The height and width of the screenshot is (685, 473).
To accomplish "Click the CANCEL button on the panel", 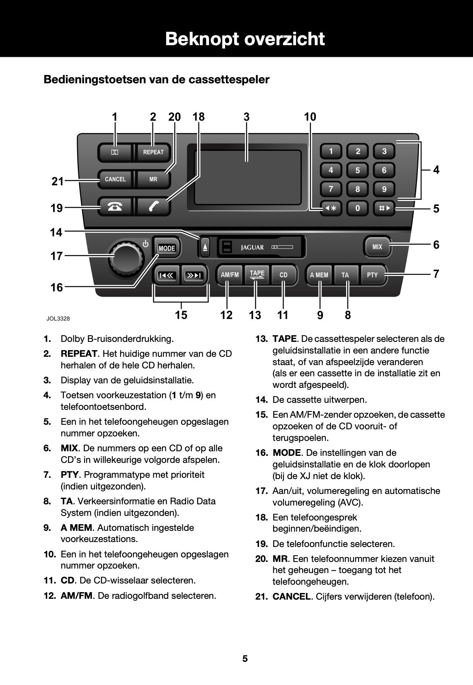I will (x=115, y=179).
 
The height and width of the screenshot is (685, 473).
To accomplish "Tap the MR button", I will (x=153, y=179).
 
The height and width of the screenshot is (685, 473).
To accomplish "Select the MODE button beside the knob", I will (x=167, y=248).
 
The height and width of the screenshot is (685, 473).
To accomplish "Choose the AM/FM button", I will (x=230, y=275).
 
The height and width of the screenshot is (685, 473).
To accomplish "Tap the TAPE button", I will (x=257, y=274).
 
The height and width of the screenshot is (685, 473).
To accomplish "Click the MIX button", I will (x=377, y=247).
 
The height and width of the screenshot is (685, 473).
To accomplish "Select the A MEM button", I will (x=319, y=275).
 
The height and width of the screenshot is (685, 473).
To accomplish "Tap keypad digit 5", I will (x=357, y=170).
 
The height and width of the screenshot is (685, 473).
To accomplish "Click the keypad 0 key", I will (x=357, y=208).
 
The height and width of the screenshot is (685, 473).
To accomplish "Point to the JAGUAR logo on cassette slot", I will (x=252, y=247).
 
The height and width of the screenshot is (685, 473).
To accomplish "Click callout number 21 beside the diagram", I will (x=58, y=181).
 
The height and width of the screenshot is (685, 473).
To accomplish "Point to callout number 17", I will (x=56, y=256).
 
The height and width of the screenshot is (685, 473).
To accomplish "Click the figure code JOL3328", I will (x=58, y=319).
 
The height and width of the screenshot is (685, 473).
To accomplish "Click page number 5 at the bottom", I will (x=245, y=658).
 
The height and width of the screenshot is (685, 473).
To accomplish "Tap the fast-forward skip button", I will (x=193, y=275).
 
